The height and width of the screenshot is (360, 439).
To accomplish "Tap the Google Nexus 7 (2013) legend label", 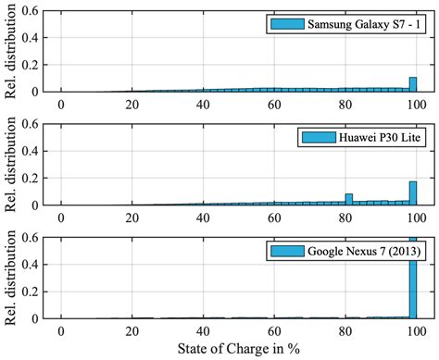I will pyautogui.click(x=353, y=251).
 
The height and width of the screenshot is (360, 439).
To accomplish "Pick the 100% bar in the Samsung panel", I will pyautogui.click(x=412, y=84).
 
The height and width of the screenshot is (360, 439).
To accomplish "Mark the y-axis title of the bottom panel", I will pyautogui.click(x=10, y=277).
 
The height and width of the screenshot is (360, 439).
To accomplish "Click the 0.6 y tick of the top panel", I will pyautogui.click(x=32, y=10).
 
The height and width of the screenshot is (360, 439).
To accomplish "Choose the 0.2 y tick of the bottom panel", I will pyautogui.click(x=32, y=292).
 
